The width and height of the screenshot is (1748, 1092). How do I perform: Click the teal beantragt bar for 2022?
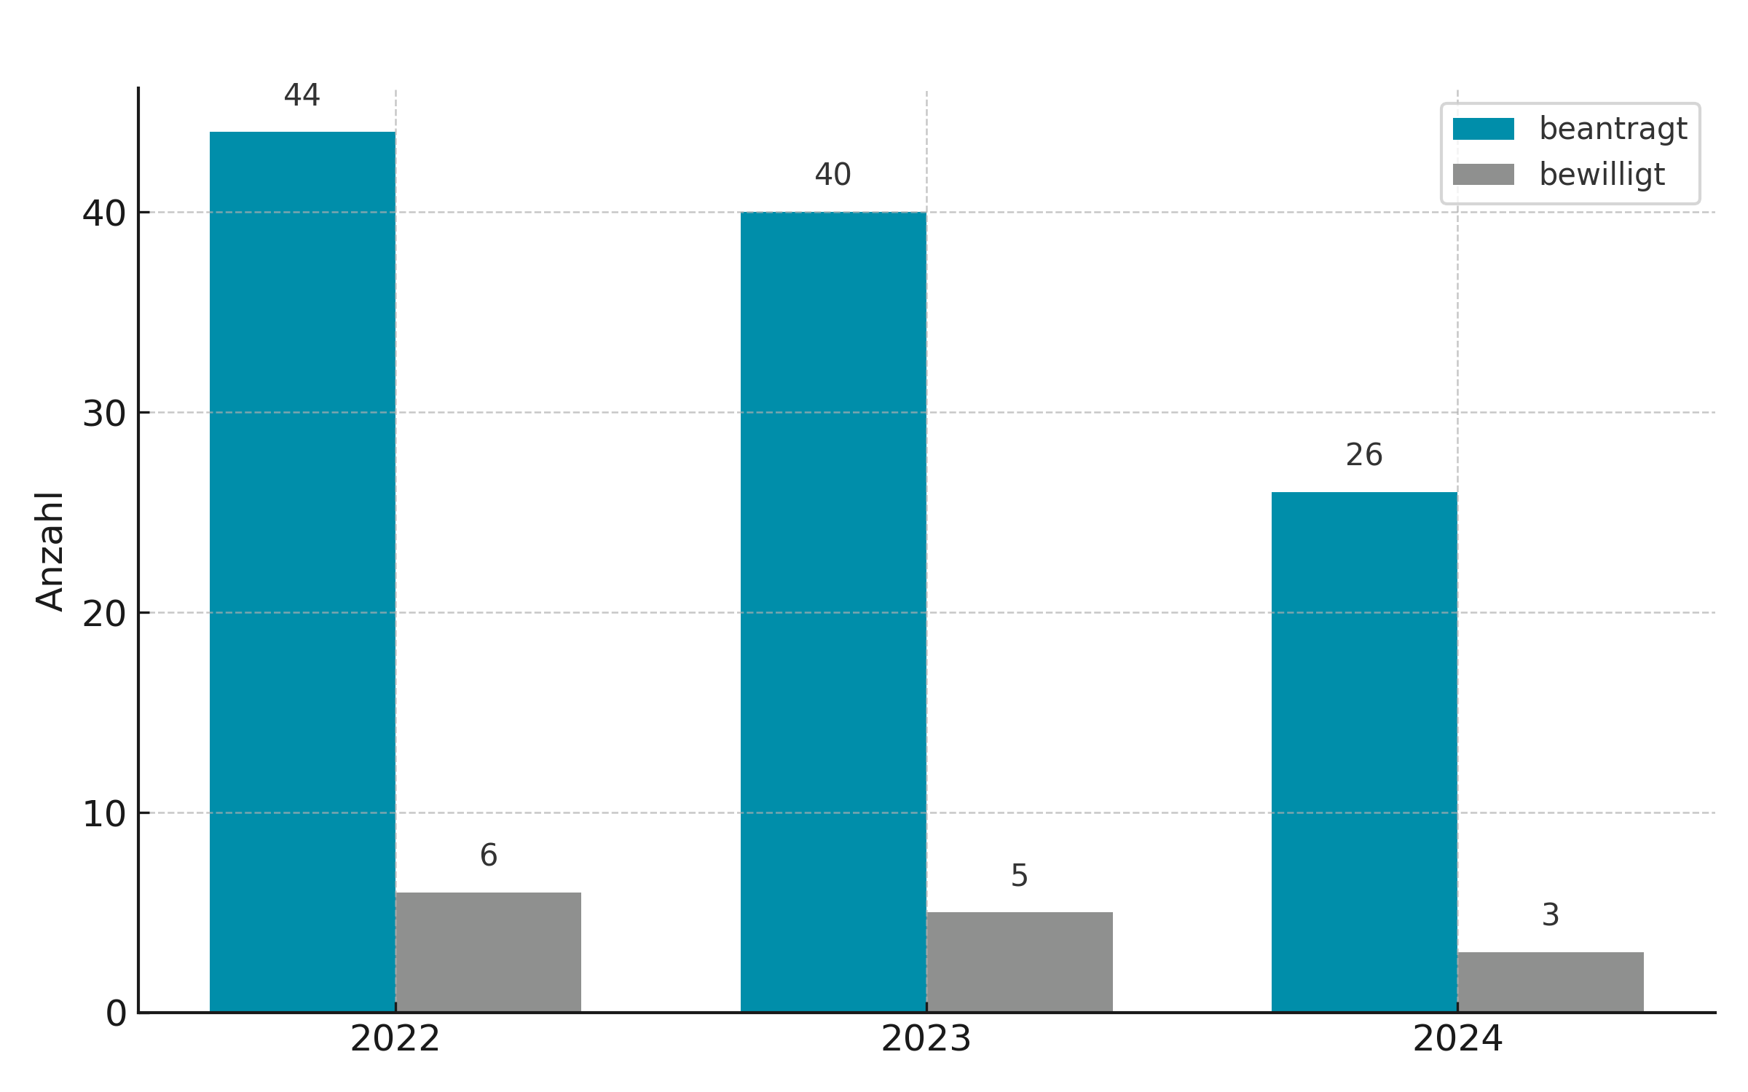(x=302, y=571)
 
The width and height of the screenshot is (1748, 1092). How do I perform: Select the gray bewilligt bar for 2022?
(x=488, y=952)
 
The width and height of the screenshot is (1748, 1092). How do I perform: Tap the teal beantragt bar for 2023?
(x=833, y=612)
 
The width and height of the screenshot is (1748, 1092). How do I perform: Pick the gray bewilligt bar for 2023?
(x=1020, y=962)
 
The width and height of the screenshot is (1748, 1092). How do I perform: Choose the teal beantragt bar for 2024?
(x=1364, y=752)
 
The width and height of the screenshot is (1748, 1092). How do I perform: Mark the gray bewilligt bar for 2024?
(x=1551, y=982)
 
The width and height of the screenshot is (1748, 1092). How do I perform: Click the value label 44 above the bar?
(x=302, y=95)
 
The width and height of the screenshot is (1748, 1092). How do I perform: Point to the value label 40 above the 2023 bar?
(x=833, y=175)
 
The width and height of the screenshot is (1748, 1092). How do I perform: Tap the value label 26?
(x=1364, y=455)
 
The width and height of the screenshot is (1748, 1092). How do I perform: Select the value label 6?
(x=489, y=855)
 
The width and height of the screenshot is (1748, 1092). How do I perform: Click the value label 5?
(x=1020, y=875)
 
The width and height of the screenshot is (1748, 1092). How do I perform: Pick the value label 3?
(x=1551, y=915)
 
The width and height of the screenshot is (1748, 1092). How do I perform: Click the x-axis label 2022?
(x=395, y=1039)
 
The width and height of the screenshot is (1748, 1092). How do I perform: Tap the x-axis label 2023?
(x=926, y=1039)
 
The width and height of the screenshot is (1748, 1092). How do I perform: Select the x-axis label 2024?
(x=1457, y=1039)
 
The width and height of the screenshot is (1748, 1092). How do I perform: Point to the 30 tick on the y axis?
(x=104, y=414)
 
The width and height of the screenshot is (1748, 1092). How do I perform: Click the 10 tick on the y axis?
(x=104, y=814)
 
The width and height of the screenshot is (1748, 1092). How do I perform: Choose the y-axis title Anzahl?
(x=50, y=551)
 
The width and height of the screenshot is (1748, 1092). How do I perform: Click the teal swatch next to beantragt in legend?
(x=1484, y=129)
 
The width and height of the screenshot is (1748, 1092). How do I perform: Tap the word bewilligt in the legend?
(x=1602, y=175)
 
